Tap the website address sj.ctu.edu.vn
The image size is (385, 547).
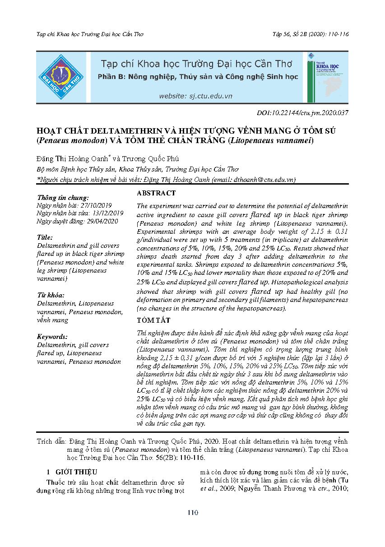(x=195, y=96)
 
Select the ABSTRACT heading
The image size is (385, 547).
(x=156, y=193)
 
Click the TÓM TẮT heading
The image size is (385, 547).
(x=153, y=320)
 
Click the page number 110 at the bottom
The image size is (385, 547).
(x=193, y=512)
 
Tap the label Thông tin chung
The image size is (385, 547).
(x=63, y=198)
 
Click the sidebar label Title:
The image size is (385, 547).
(x=45, y=237)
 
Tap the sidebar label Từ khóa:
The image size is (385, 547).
(x=50, y=295)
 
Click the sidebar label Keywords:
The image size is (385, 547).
(x=52, y=337)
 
